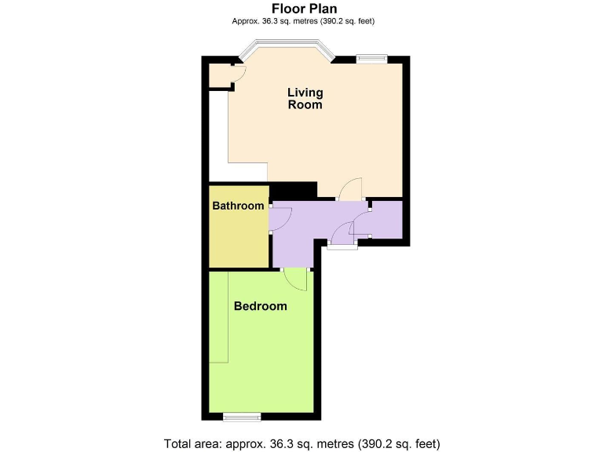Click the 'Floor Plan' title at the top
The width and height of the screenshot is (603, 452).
pyautogui.click(x=304, y=9)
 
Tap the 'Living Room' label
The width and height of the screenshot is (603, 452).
pyautogui.click(x=305, y=99)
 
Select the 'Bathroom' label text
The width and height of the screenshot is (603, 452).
pyautogui.click(x=238, y=206)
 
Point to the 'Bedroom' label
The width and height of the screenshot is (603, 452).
pyautogui.click(x=260, y=306)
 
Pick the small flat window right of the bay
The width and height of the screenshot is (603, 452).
pyautogui.click(x=371, y=57)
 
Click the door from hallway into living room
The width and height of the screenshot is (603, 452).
pyautogui.click(x=350, y=188)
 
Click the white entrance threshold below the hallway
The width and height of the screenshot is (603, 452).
pyautogui.click(x=342, y=247)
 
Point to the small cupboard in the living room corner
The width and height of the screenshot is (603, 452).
pyautogui.click(x=219, y=75)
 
